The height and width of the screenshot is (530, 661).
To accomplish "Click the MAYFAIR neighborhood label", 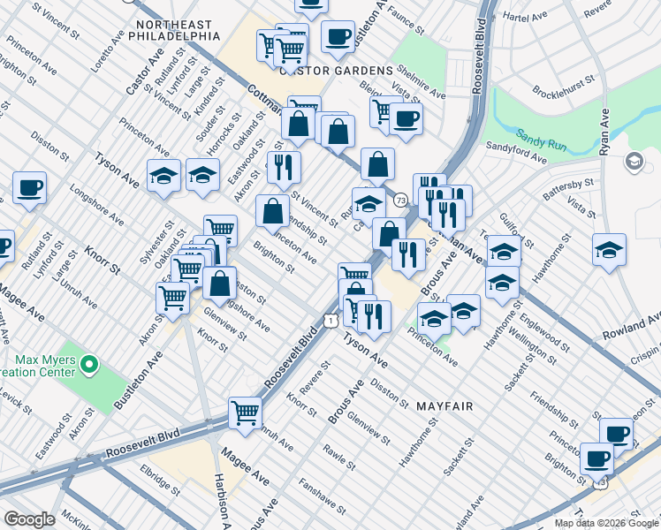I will [x=444, y=407].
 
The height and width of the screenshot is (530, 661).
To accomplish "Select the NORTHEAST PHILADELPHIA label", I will [x=173, y=30].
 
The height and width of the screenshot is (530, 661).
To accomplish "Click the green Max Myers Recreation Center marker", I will [x=88, y=363].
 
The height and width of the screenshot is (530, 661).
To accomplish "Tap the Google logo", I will [x=29, y=519].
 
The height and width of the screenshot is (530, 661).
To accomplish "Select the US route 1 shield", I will [x=329, y=322].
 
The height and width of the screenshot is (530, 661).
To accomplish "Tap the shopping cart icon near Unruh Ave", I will [x=245, y=411].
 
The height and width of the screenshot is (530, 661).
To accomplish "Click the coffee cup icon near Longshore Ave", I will [x=28, y=188].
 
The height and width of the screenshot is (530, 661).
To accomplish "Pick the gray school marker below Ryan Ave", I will [x=634, y=162].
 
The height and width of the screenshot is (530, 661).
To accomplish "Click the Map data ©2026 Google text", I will [x=607, y=523].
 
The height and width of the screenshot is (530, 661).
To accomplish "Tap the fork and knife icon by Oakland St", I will [x=284, y=167].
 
